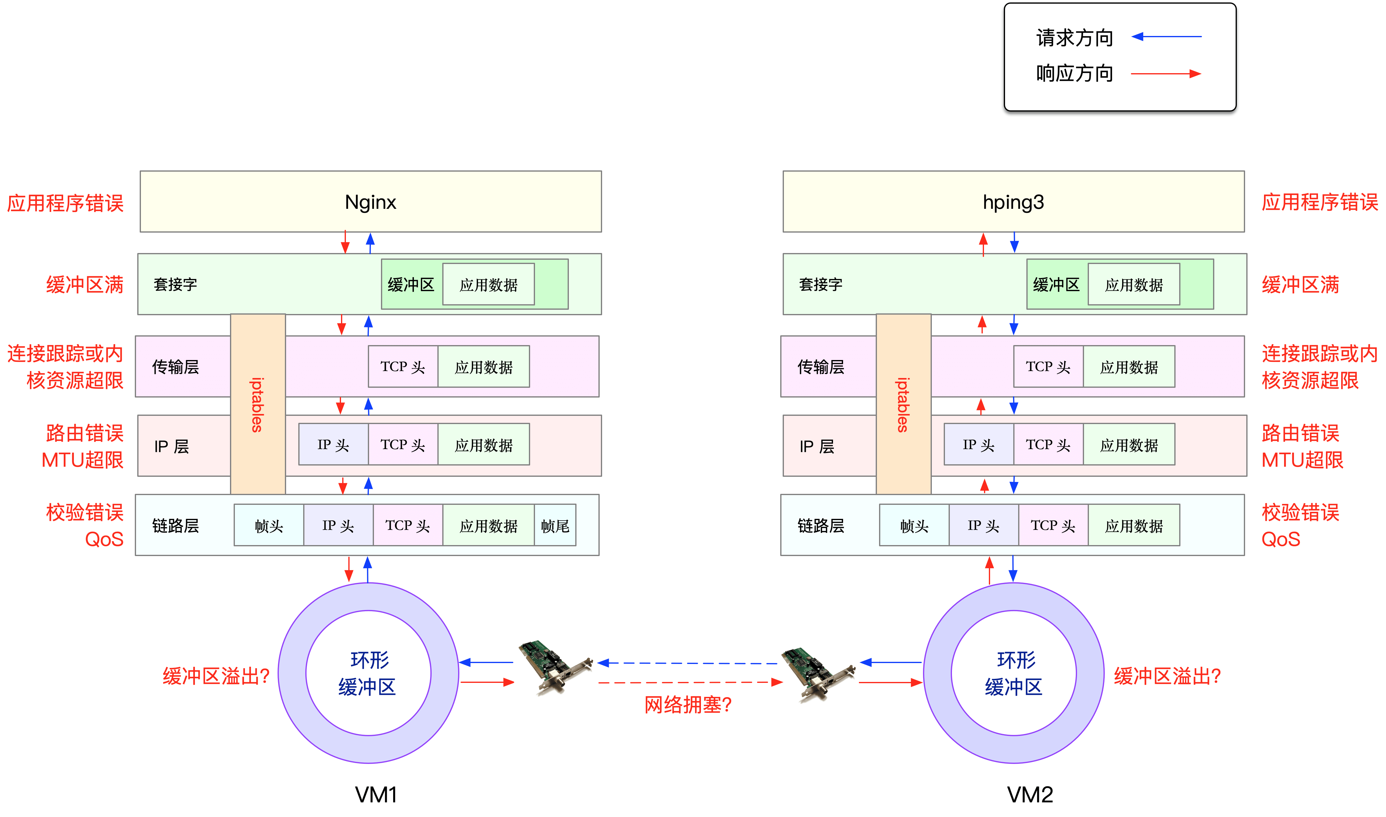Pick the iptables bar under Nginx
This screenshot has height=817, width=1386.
(258, 404)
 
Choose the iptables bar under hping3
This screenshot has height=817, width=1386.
(903, 404)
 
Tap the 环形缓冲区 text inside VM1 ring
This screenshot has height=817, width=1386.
(368, 673)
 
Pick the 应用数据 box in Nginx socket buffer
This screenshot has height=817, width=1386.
(488, 285)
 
